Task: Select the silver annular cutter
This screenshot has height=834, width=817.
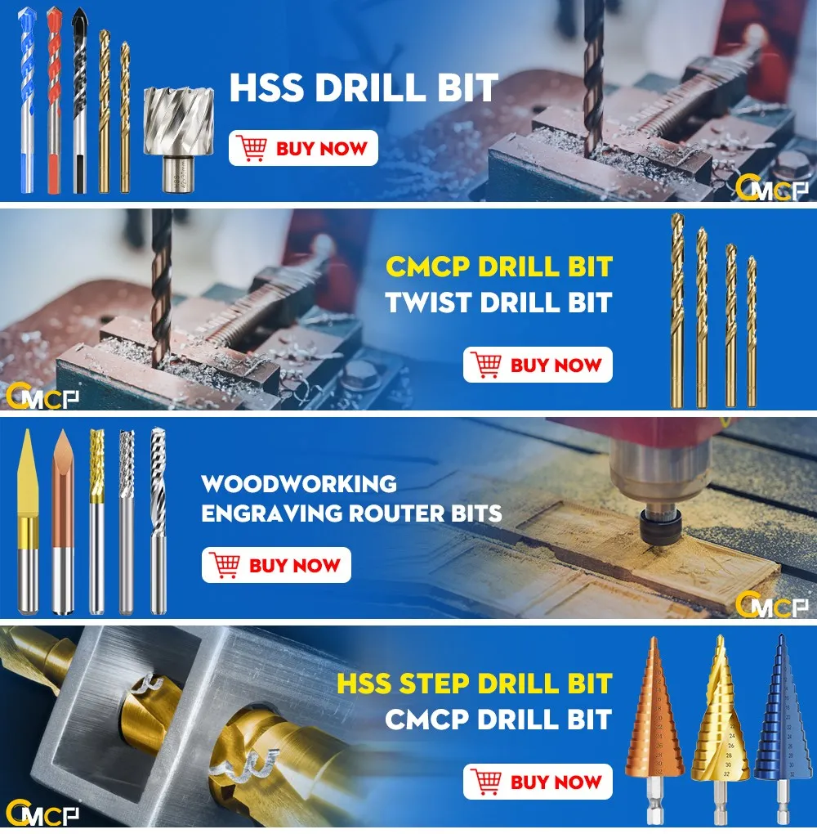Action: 179,139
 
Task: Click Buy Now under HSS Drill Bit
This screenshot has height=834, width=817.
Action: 304,148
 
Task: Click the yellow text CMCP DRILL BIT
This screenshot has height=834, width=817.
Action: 499,267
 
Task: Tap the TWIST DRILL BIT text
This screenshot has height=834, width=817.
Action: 499,303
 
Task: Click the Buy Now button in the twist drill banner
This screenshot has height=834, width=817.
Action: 538,365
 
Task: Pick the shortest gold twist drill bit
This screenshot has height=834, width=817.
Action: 751,332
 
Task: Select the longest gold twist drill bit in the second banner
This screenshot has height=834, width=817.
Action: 676,311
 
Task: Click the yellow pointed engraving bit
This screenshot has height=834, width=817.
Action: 28,522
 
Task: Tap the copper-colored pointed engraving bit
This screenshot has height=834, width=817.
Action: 63,522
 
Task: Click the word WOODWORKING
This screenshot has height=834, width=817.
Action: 299,484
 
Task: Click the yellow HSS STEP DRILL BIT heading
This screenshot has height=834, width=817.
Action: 474,684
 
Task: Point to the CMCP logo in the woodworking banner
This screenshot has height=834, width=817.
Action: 772,605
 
